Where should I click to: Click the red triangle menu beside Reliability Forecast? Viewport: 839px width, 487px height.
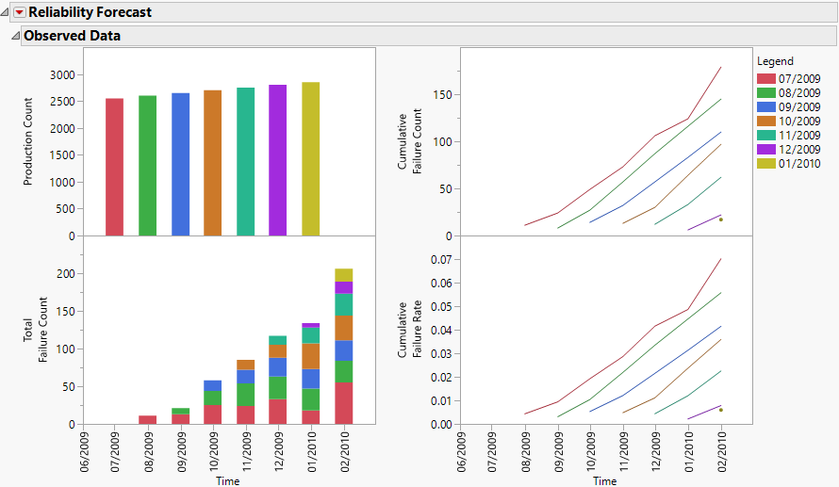pos(19,13)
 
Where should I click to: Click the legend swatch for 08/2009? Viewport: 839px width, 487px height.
pos(765,92)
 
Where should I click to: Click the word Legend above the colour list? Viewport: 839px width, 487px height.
pos(775,61)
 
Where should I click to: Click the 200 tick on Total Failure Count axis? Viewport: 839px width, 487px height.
pos(66,274)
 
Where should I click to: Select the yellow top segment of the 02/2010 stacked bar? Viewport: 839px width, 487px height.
pos(343,275)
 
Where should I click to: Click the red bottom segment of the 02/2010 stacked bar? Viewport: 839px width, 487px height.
pos(343,403)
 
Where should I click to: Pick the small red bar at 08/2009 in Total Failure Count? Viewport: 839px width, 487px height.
pos(147,420)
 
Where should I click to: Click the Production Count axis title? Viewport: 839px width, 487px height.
pos(28,141)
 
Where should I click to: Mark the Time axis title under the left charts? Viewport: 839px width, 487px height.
pos(228,481)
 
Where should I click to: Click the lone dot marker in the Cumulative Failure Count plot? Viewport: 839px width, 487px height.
pos(721,219)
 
